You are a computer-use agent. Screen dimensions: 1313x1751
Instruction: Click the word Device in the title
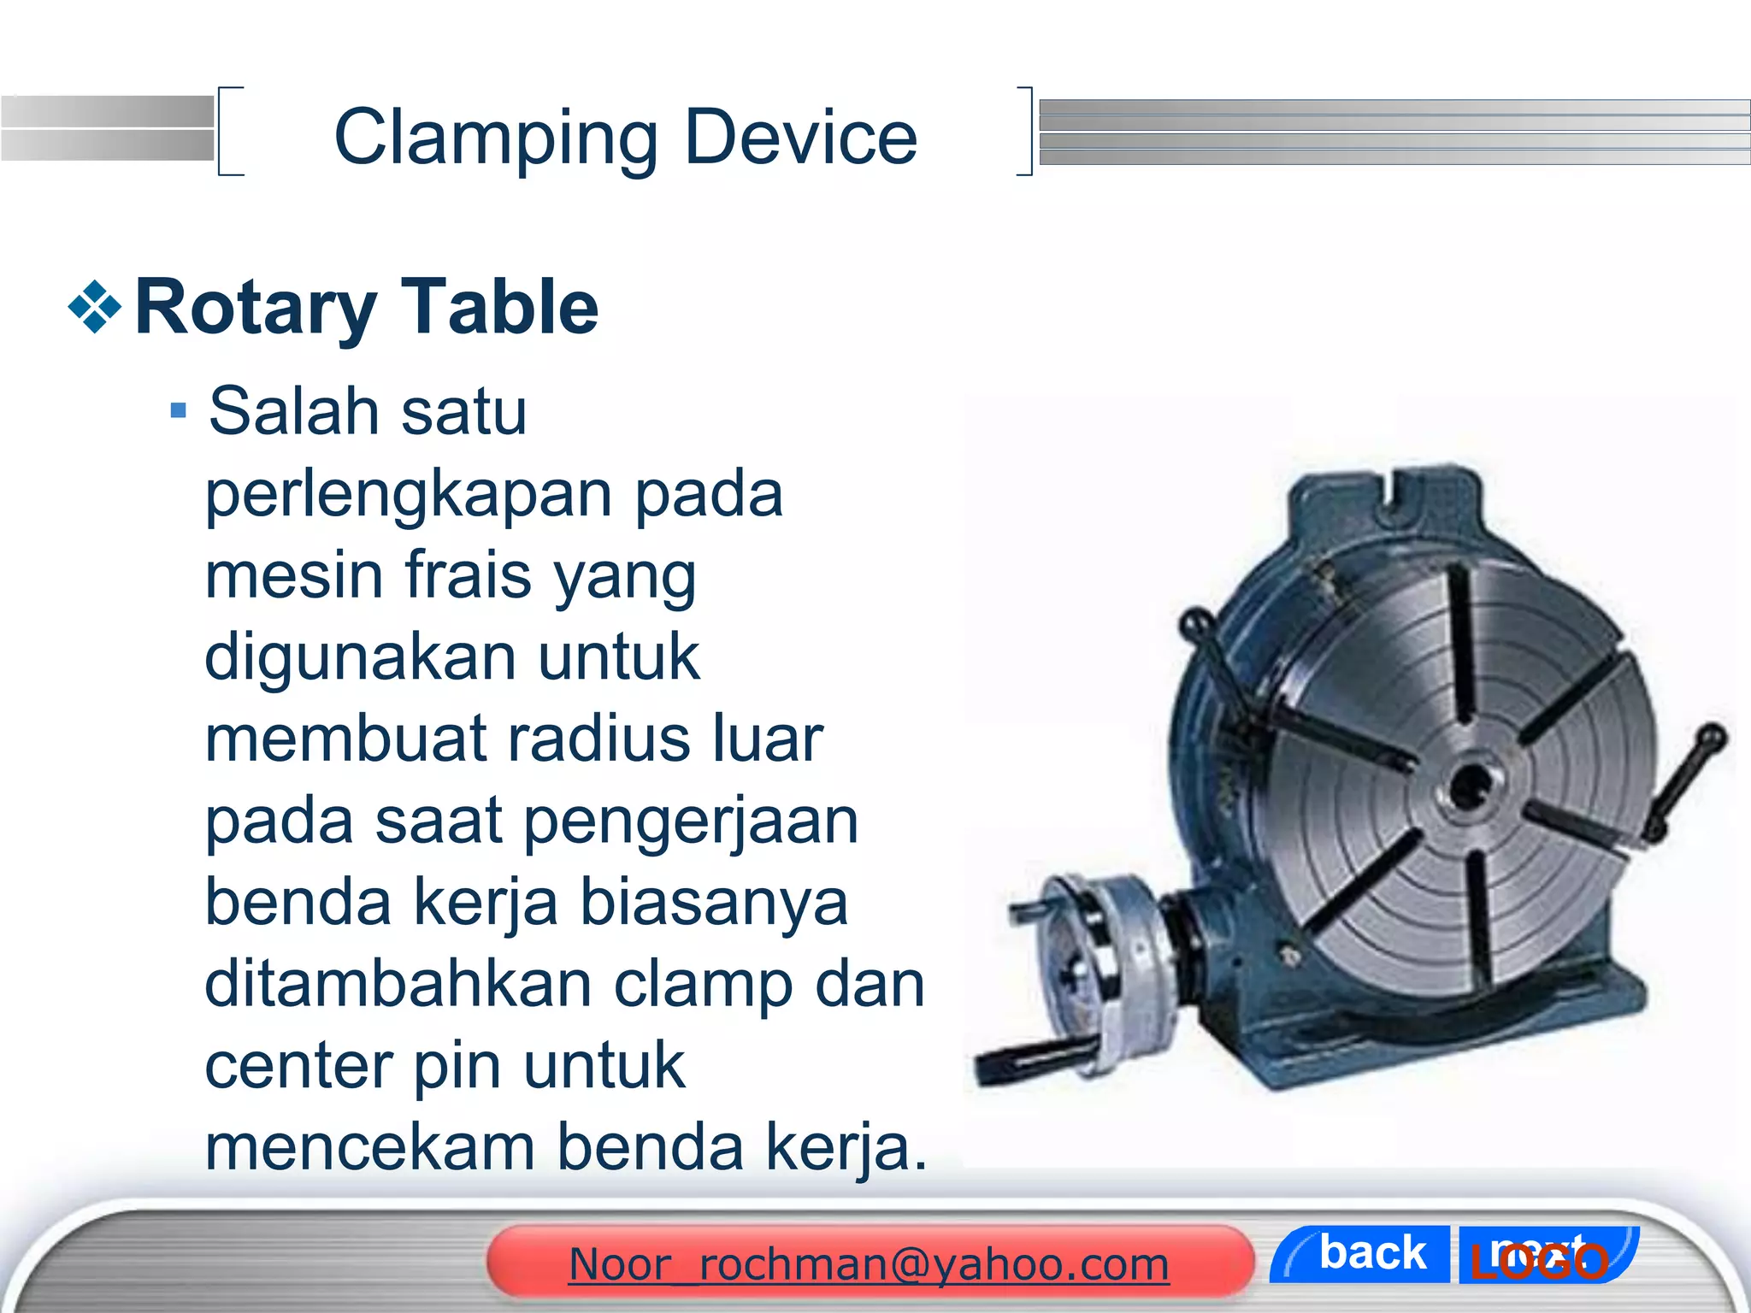click(801, 138)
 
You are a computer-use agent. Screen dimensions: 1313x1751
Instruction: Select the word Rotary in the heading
click(256, 309)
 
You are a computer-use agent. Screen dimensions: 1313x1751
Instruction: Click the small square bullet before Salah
click(178, 411)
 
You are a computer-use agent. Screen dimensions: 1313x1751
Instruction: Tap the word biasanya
click(715, 903)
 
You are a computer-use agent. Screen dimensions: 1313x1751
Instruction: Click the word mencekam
click(370, 1147)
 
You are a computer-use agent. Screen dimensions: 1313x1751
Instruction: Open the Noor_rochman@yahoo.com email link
click(869, 1264)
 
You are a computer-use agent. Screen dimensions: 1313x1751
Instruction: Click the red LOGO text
click(1539, 1262)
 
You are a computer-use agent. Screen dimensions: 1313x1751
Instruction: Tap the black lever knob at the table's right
click(1713, 736)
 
